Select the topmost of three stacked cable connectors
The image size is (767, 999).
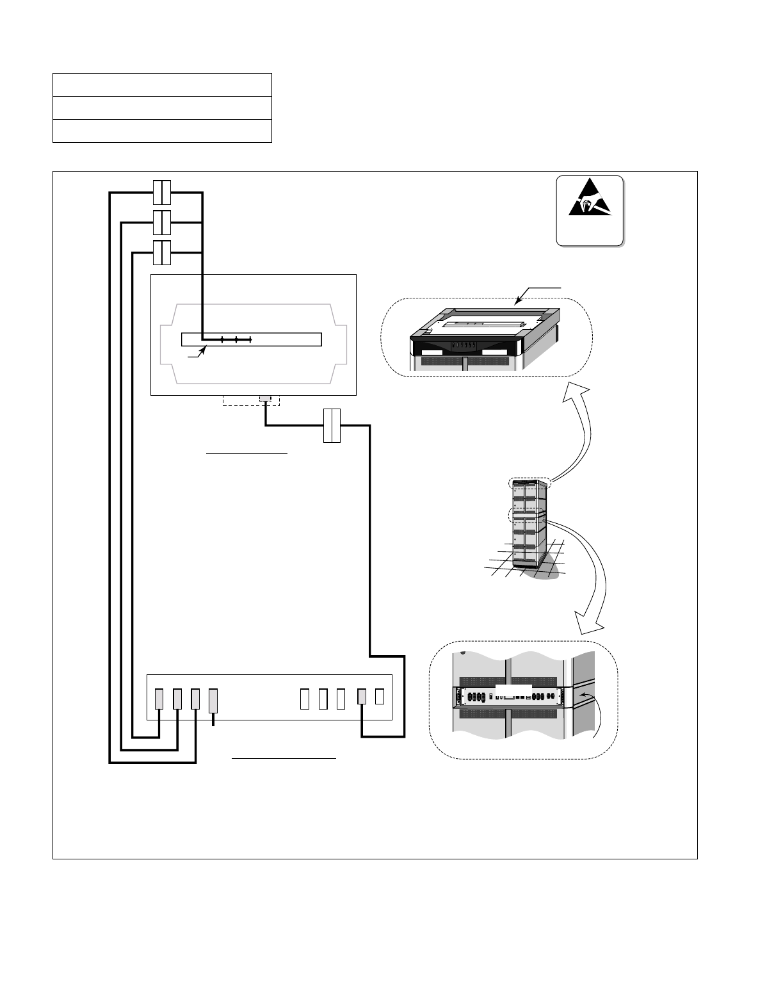pos(162,191)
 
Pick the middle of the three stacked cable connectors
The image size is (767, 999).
pos(162,223)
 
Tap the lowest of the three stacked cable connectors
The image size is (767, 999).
pos(162,253)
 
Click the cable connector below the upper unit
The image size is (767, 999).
pos(332,425)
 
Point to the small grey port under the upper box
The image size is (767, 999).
pos(265,400)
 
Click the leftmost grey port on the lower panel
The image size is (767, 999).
pos(160,699)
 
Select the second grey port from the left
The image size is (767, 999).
pos(178,699)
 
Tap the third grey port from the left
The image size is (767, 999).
pos(196,699)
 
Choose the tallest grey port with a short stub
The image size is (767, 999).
pos(214,701)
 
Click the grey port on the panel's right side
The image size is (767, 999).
pos(362,697)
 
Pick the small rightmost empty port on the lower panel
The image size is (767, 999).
pos(380,696)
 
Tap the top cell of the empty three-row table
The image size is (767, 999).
pos(162,85)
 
